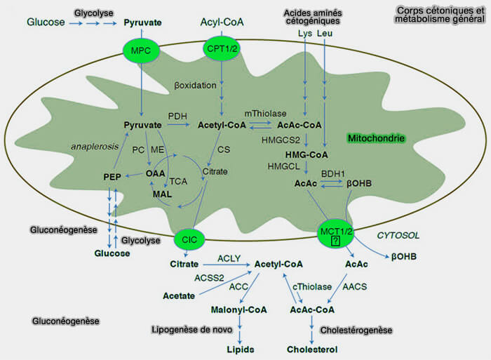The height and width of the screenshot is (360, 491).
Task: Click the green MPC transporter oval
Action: tap(141, 51)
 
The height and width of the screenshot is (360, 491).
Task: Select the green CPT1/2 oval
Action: tap(222, 48)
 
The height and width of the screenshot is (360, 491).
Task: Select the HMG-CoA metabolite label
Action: tap(307, 154)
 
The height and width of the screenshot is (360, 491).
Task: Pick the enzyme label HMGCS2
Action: tap(280, 140)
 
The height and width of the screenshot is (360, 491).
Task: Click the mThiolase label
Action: tap(264, 113)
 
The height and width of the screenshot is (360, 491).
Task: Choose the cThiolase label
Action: tap(311, 287)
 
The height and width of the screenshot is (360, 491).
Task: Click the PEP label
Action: tap(113, 176)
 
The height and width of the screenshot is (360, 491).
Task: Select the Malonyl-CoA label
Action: tap(241, 309)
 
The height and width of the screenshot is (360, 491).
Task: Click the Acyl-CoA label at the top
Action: tap(222, 22)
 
